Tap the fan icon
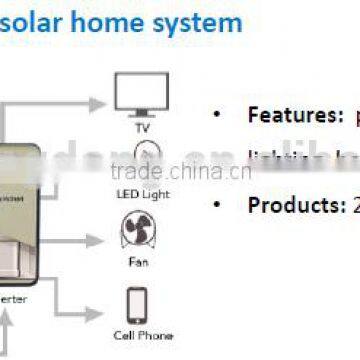pos(141,232)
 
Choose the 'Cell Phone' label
pos(141,336)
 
